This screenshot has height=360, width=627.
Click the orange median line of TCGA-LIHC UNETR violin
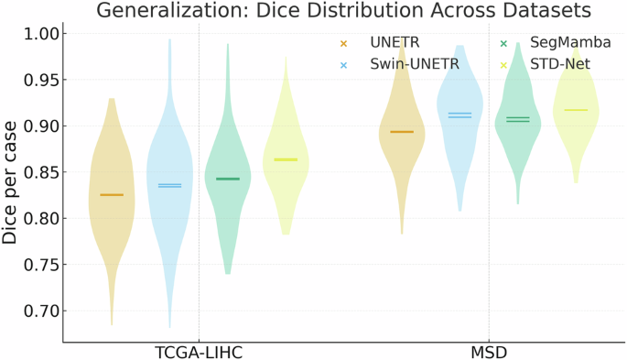pos(112,195)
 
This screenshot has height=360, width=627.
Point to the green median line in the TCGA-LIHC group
pos(227,179)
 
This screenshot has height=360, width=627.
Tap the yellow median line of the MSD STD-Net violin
pos(575,110)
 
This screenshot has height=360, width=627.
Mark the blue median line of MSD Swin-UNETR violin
pos(459,115)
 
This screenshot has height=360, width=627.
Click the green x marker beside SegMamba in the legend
pos(504,43)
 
